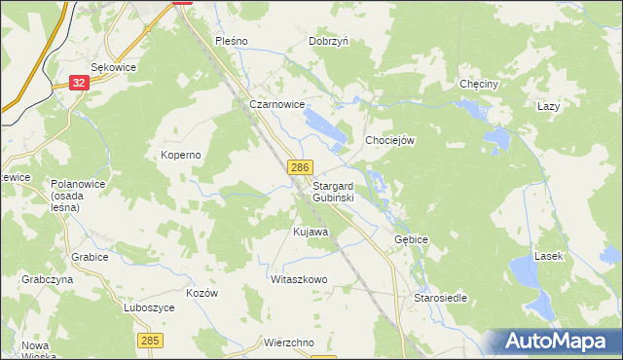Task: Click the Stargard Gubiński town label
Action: (x=333, y=191)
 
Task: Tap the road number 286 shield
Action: (x=299, y=169)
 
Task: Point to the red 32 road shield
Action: (x=80, y=84)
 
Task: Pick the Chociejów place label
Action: (x=390, y=140)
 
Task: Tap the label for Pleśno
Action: (x=233, y=42)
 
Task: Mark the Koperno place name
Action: (x=180, y=155)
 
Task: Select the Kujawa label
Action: (x=311, y=233)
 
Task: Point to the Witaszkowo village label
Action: (x=299, y=279)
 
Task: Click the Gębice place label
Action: (x=411, y=238)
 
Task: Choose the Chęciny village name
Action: (x=479, y=85)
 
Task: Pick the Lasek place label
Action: (x=548, y=256)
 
